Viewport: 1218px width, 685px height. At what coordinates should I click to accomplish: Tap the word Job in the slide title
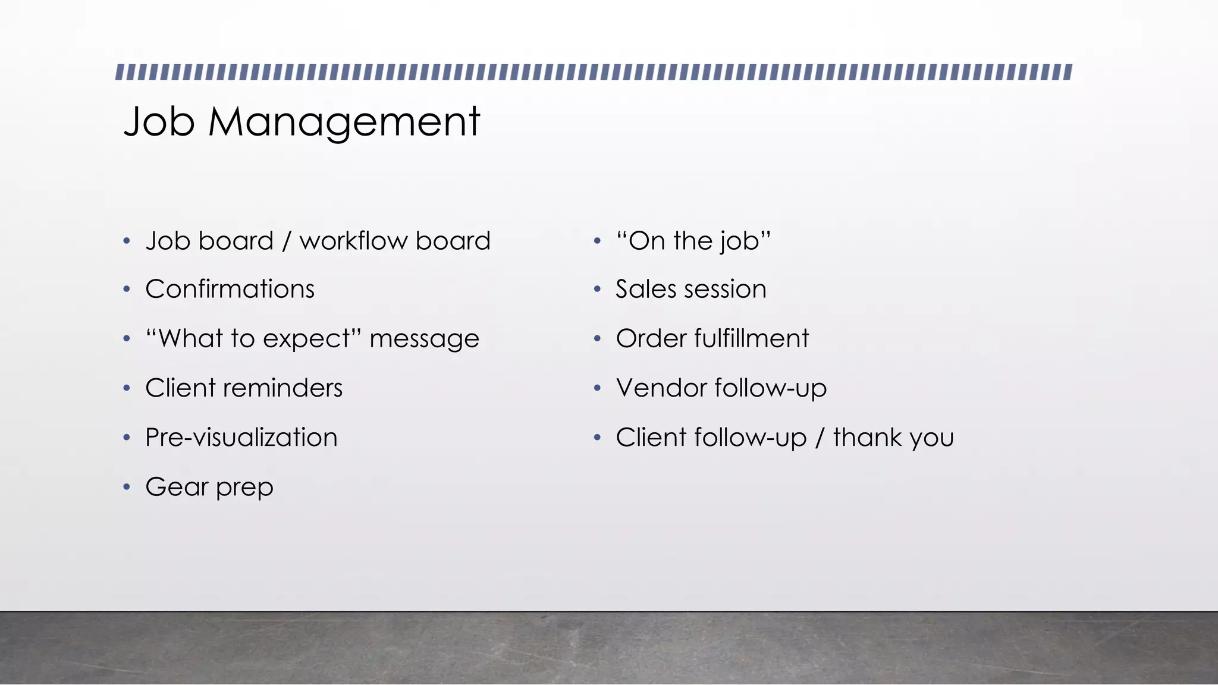coord(159,122)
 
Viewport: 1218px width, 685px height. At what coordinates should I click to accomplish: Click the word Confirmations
coord(230,290)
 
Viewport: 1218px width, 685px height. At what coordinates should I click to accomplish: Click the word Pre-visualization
coord(241,438)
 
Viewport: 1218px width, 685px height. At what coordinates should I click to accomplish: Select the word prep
coord(244,488)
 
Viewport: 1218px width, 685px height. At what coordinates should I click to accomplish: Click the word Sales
coord(646,290)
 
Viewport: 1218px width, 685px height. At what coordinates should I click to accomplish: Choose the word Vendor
coord(661,388)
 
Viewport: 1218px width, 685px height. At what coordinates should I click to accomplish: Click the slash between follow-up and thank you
coord(820,438)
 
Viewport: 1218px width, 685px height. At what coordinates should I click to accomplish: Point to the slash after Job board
coord(287,241)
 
